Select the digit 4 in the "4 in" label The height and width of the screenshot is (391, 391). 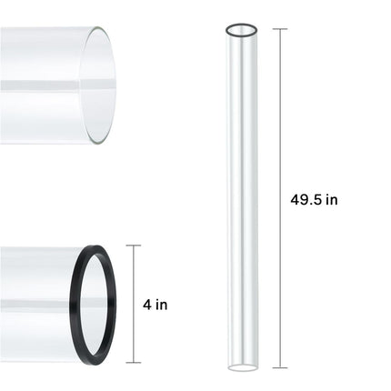click(x=149, y=305)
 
